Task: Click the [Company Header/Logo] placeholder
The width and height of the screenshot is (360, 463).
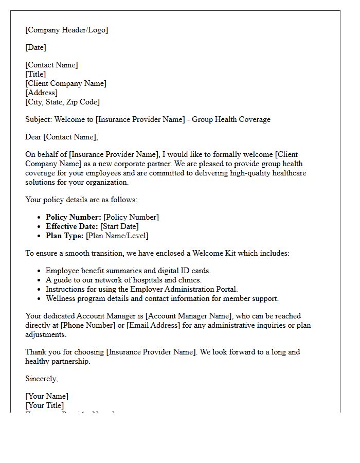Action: coord(67,30)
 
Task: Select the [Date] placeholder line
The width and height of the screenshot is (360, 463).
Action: coord(35,47)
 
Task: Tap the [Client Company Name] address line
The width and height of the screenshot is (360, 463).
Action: coord(66,83)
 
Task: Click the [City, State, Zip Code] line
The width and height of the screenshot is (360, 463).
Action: coord(62,102)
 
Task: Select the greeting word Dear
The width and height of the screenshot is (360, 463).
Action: coord(33,137)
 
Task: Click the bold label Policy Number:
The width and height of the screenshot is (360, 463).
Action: coord(74,217)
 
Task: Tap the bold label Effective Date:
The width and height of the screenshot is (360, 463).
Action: coord(72,226)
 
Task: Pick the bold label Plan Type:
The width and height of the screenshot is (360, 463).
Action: coord(64,236)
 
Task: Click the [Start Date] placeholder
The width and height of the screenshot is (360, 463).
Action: coord(119,226)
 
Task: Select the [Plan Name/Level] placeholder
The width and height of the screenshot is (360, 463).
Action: coord(117,236)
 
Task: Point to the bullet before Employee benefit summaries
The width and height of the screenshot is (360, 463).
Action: coord(39,271)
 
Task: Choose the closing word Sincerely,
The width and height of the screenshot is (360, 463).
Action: coord(41,379)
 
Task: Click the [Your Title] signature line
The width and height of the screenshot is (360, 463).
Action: coord(45,405)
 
